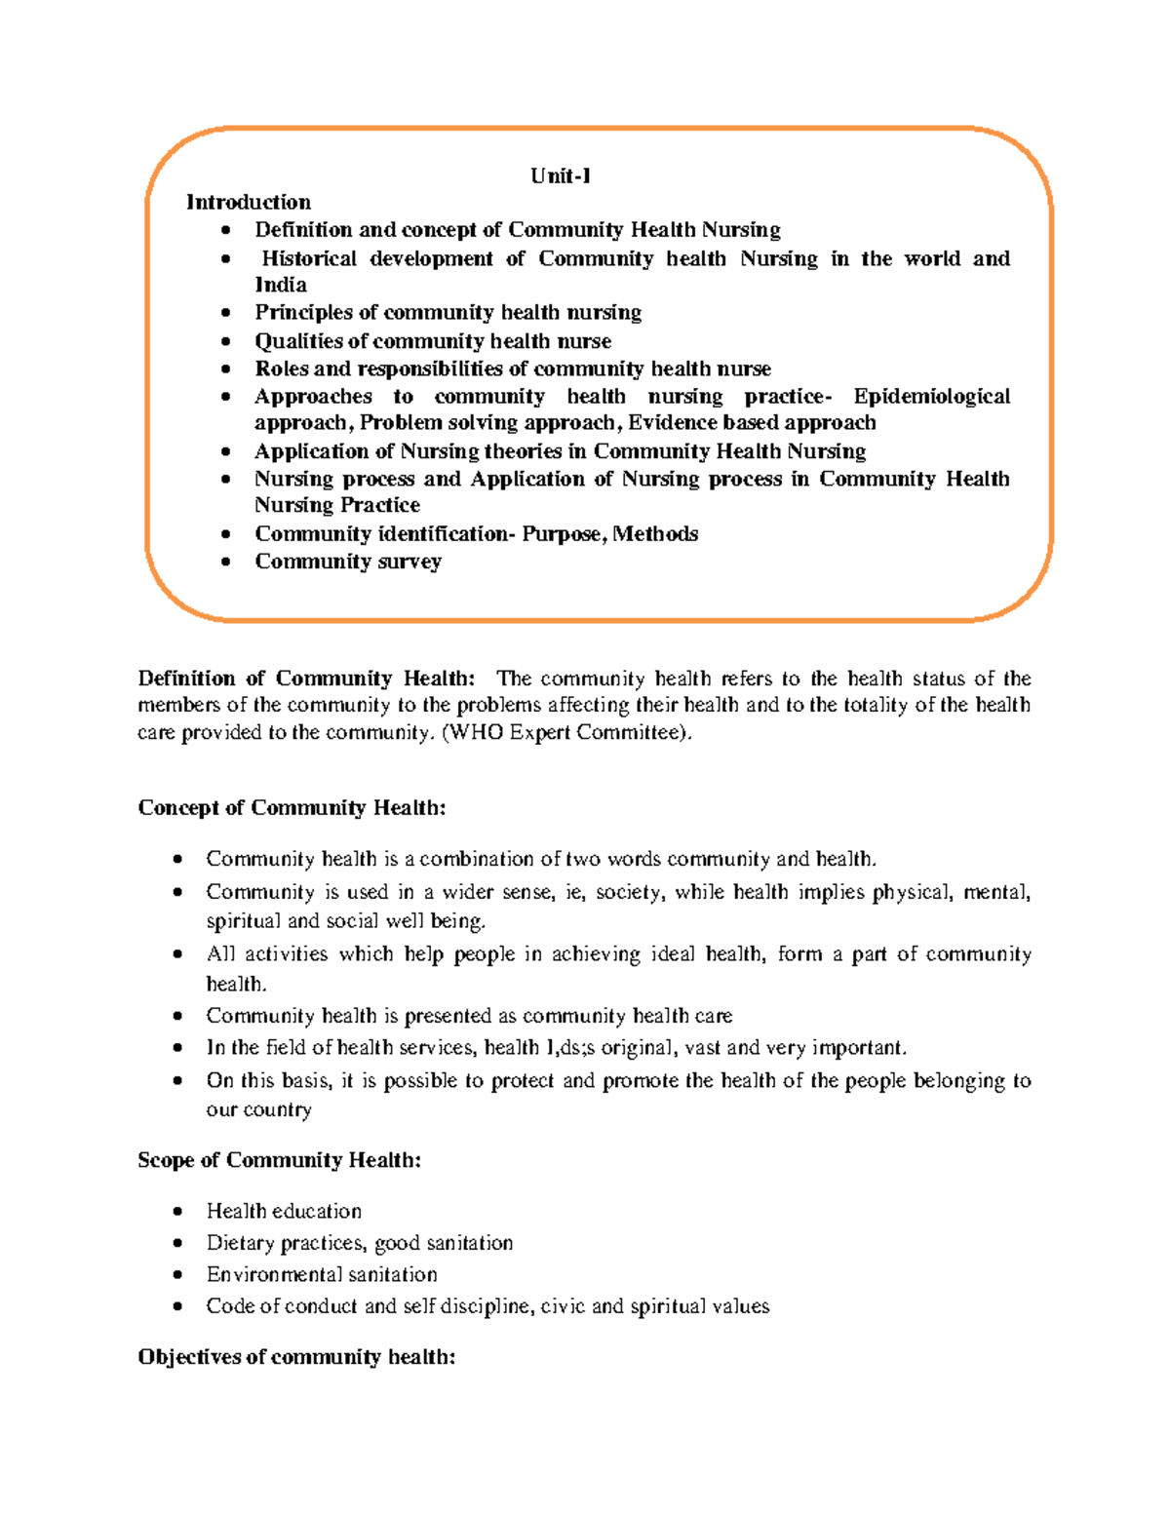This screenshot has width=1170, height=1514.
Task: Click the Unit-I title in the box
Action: point(561,176)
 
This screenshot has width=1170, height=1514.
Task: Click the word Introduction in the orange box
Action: point(249,203)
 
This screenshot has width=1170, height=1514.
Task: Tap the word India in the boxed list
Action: point(281,286)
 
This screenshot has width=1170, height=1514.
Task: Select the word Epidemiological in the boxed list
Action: point(931,397)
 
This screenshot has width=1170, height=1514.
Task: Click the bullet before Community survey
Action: point(226,563)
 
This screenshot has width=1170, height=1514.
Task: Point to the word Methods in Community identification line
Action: point(655,534)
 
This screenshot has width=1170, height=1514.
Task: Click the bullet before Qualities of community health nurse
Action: point(226,342)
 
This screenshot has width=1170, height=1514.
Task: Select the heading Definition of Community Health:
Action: point(306,679)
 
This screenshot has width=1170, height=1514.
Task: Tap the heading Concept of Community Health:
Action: point(292,808)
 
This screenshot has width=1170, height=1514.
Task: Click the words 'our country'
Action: point(258,1110)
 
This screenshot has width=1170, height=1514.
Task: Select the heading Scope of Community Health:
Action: point(279,1160)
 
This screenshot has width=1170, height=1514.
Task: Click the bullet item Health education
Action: point(284,1212)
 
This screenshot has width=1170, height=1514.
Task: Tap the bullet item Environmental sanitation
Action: point(322,1275)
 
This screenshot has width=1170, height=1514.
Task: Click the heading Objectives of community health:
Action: point(296,1357)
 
